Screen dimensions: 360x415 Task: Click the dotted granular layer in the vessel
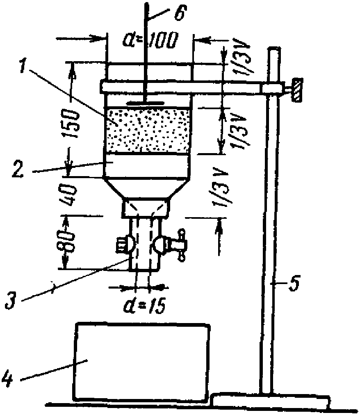click(x=148, y=129)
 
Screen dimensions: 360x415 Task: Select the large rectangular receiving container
click(x=142, y=362)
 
